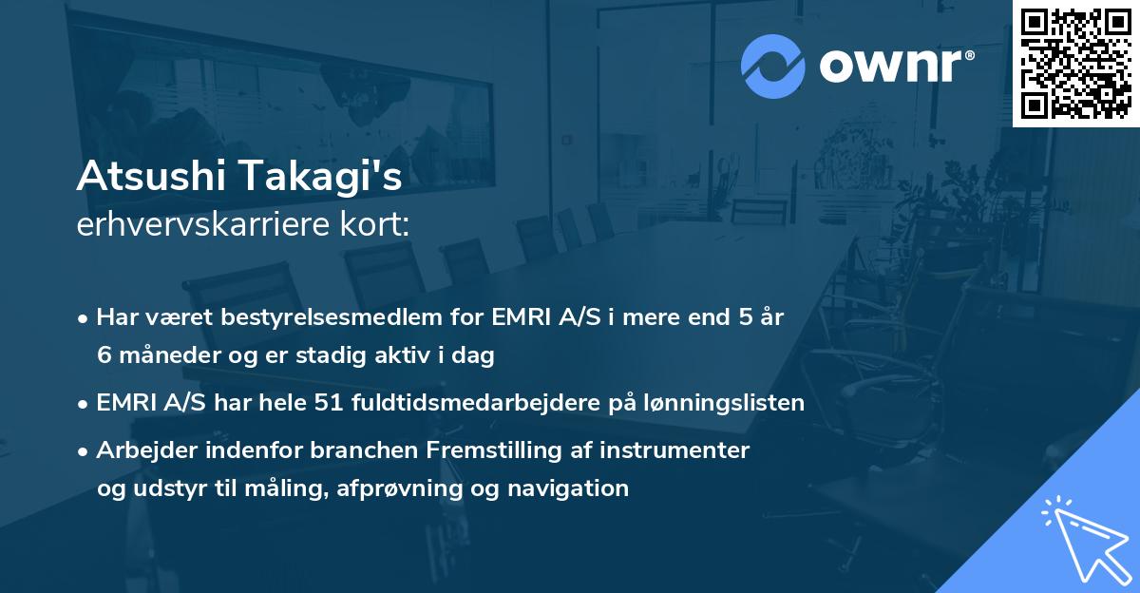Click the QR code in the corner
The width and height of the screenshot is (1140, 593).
[x=1075, y=63]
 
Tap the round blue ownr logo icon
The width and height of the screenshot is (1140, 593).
[x=772, y=67]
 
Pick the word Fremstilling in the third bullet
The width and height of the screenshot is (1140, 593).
[x=446, y=450]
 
